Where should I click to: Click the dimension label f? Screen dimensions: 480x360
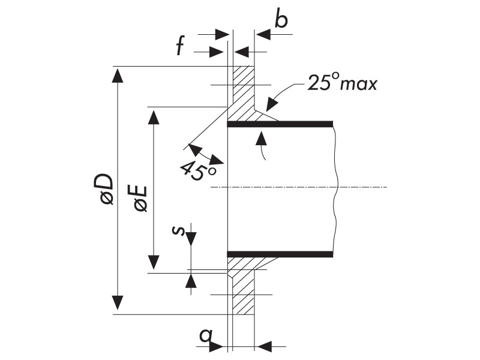pos(181,46)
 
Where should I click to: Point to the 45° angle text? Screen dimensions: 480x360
pos(198,171)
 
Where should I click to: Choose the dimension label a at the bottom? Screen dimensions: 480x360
pos(205,335)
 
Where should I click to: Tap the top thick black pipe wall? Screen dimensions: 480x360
pos(280,124)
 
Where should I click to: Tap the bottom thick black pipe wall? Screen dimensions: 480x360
pos(280,254)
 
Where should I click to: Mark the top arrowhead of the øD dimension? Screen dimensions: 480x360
pos(117,76)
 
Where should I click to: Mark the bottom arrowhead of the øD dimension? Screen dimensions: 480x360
pos(117,303)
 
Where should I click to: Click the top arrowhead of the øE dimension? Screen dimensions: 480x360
pos(154,117)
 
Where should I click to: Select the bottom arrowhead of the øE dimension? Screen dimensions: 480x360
pos(154,262)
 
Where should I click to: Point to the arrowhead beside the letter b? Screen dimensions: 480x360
pos(263,34)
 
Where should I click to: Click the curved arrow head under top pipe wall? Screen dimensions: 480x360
pos(261,137)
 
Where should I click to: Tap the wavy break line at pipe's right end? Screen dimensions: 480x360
pos(335,189)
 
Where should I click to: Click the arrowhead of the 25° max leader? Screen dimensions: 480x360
pos(272,104)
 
